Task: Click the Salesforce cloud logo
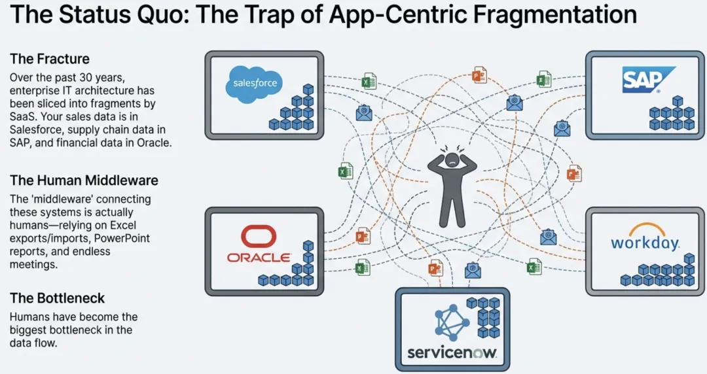click(x=255, y=83)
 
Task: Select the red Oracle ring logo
click(x=259, y=237)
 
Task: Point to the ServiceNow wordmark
click(x=452, y=353)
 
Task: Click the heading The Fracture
click(x=49, y=59)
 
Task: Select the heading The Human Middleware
click(x=84, y=180)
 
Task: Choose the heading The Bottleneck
click(x=58, y=298)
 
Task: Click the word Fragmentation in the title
click(x=537, y=14)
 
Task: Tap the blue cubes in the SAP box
click(x=672, y=114)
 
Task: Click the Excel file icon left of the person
click(x=346, y=172)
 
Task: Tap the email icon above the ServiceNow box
click(x=473, y=271)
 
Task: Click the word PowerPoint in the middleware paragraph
click(x=122, y=238)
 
